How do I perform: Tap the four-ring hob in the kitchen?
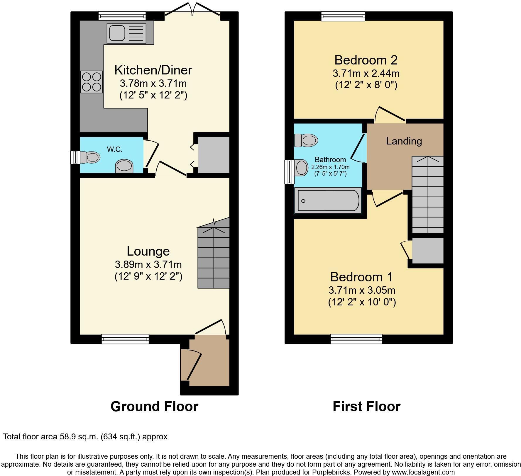pos(92,82)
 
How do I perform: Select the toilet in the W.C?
pos(89,157)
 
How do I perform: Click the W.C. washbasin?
pos(124,167)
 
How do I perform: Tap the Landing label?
pos(404,141)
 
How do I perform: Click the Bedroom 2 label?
pos(366,60)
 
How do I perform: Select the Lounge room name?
pos(148,251)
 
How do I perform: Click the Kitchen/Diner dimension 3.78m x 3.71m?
pos(153,84)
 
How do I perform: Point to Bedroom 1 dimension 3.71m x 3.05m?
pos(362,290)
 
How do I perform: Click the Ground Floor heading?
pos(154,407)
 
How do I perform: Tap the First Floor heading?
pos(366,407)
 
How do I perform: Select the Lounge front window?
pos(125,339)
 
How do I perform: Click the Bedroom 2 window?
pos(343,16)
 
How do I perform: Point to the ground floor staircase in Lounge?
pos(213,258)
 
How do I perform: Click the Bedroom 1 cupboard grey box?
pos(427,251)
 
